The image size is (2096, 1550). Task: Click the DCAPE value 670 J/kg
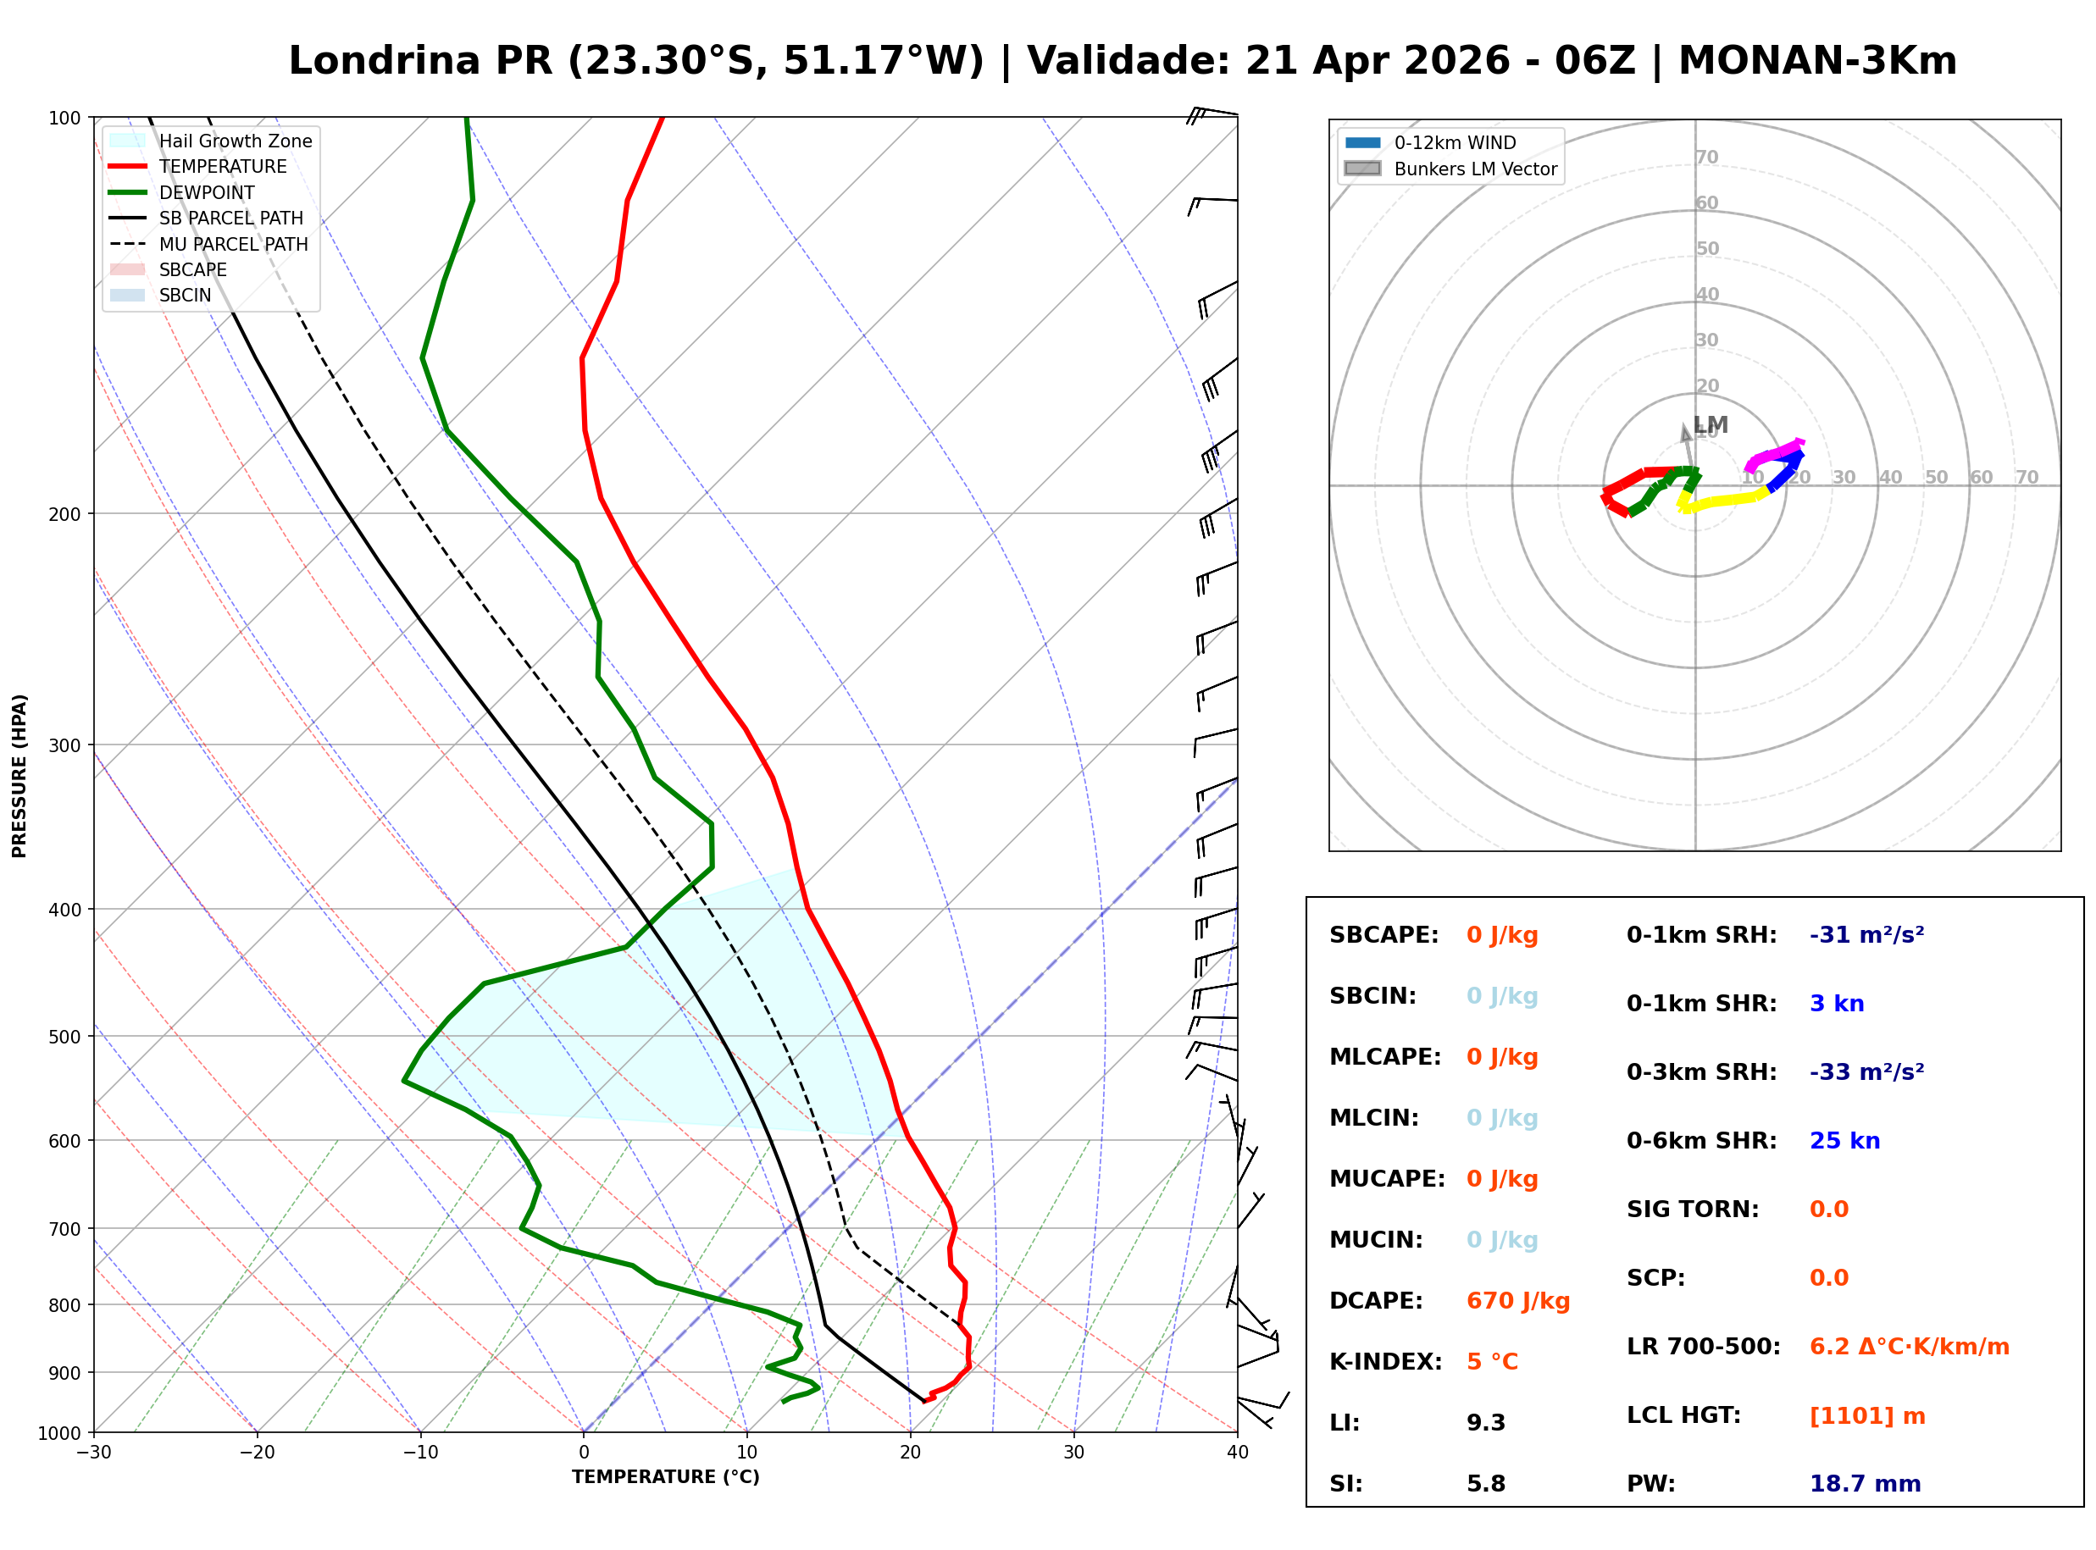[x=1517, y=1301]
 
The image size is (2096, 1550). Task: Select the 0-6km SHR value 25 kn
[x=1844, y=1141]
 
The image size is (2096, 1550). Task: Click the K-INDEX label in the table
[x=1385, y=1362]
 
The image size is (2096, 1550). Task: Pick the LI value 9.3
[x=1485, y=1423]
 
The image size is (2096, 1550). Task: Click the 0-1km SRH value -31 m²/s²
[x=1866, y=935]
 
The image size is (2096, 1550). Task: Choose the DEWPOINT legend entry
[x=207, y=192]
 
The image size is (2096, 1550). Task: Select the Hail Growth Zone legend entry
[x=235, y=141]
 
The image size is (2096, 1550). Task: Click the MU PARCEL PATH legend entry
[x=233, y=244]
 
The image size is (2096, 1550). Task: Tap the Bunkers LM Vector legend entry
[x=1475, y=169]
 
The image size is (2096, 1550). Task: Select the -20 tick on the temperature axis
[x=256, y=1453]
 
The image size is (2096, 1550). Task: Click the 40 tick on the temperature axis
[x=1237, y=1453]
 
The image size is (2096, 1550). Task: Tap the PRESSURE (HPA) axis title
[x=19, y=776]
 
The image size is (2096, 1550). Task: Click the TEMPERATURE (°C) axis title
[x=665, y=1477]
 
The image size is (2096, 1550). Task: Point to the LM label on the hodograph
[x=1711, y=425]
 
